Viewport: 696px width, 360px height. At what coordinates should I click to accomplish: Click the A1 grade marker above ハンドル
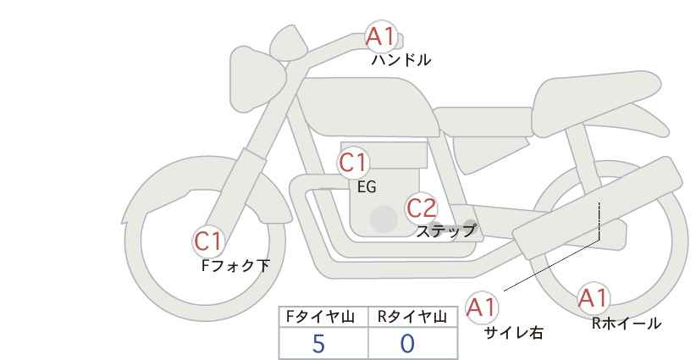tap(381, 36)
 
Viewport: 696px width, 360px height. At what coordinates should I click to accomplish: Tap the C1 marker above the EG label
tap(353, 163)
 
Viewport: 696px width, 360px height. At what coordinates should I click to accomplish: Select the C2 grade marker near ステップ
tap(421, 208)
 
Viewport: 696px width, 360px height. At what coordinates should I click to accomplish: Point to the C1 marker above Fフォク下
tap(208, 241)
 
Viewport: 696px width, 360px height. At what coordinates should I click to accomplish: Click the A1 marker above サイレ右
tap(482, 307)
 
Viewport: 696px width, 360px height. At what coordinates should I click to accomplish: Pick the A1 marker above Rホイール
tap(593, 298)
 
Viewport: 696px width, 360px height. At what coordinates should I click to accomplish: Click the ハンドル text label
tap(400, 60)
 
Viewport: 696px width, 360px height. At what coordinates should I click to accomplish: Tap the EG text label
tap(367, 187)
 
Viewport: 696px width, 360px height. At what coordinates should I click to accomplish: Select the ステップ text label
tap(445, 231)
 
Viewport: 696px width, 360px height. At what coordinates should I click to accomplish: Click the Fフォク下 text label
tap(235, 265)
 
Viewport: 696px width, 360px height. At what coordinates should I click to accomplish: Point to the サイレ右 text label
tap(513, 333)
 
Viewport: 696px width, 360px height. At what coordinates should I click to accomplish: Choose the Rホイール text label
tap(627, 324)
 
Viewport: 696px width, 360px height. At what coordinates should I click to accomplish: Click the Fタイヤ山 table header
tap(320, 317)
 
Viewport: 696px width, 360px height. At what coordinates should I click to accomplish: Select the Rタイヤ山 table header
tap(412, 317)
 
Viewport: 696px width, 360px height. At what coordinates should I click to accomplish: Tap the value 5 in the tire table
tap(318, 344)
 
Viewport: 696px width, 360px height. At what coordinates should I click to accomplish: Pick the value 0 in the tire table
tap(407, 344)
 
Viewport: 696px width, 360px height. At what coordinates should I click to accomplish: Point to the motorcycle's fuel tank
tap(367, 107)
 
